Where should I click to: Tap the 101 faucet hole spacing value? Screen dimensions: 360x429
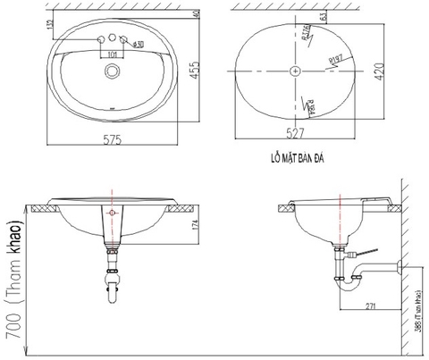(112, 54)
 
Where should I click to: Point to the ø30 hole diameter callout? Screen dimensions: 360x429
(138, 43)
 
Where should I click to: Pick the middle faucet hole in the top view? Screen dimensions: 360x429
(112, 40)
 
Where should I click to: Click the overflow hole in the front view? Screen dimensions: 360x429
(112, 213)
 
